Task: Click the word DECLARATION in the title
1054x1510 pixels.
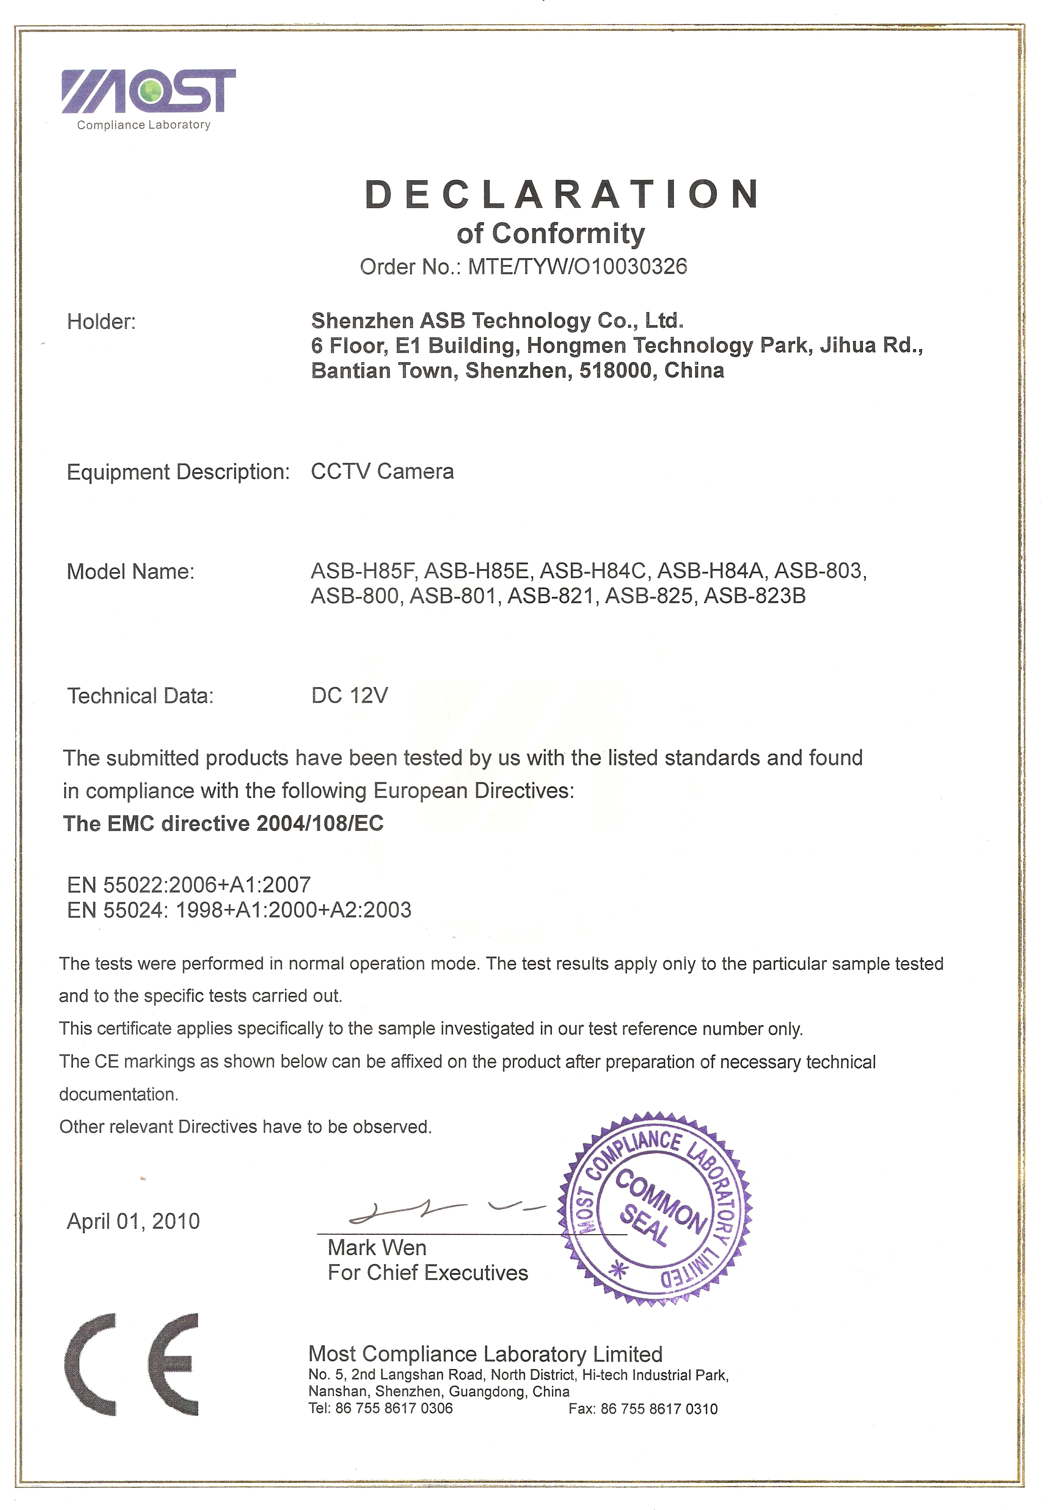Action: click(x=562, y=195)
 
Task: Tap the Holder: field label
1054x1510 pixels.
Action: click(x=101, y=322)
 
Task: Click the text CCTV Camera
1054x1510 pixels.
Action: click(x=382, y=471)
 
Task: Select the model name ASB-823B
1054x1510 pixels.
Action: click(x=754, y=596)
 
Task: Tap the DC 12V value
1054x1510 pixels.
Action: click(x=350, y=695)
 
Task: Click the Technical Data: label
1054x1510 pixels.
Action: click(x=141, y=696)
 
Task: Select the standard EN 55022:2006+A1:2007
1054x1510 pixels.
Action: click(x=189, y=885)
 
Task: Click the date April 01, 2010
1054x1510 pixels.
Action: click(x=133, y=1221)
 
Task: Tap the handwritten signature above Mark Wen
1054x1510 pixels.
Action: click(x=447, y=1209)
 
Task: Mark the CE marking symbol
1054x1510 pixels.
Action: click(x=131, y=1364)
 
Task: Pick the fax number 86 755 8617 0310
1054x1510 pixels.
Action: click(x=659, y=1409)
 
